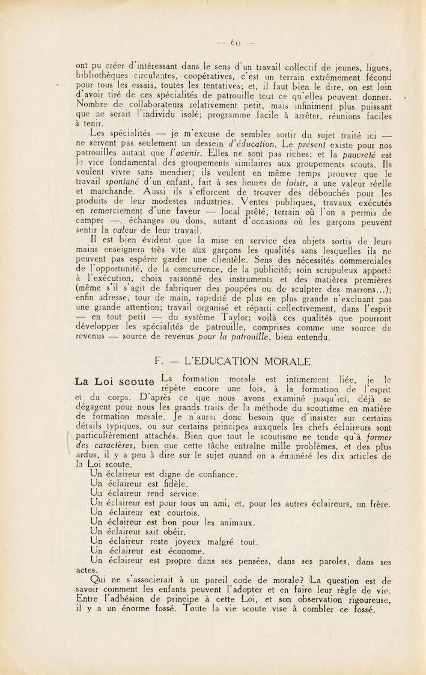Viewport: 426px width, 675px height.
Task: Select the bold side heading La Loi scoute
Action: pos(114,381)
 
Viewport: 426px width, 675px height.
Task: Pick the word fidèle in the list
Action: pos(175,484)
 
